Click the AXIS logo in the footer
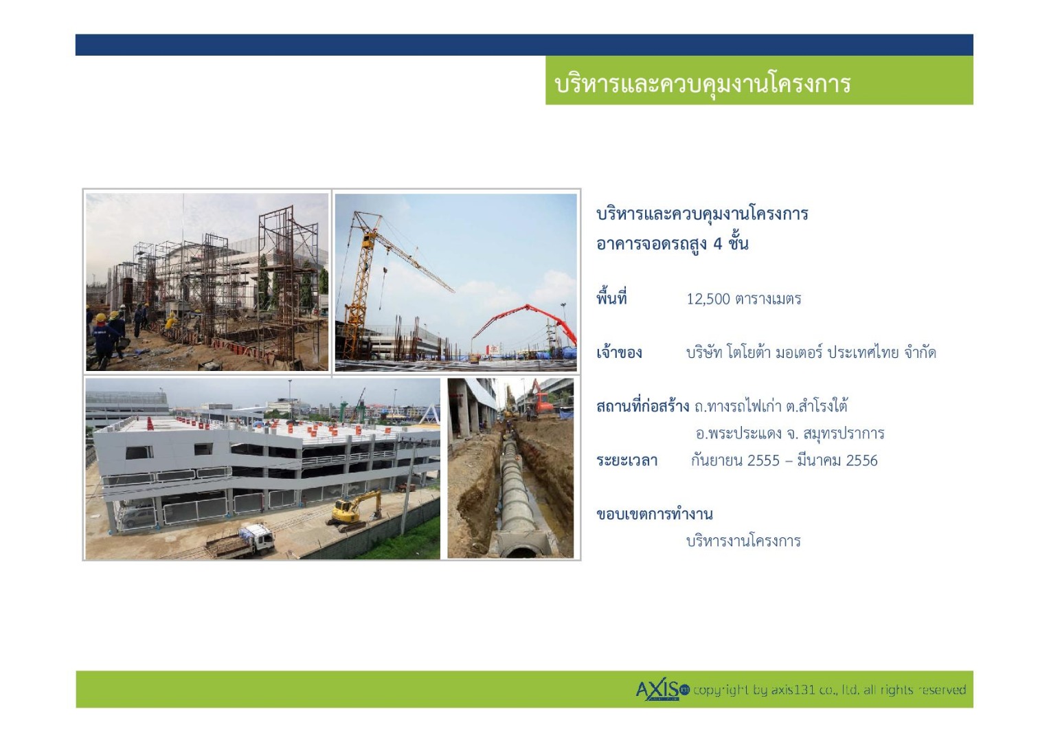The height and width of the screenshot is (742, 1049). pos(662,690)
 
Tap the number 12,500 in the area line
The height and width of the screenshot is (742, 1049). pos(708,299)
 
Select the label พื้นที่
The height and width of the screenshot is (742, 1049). pos(611,298)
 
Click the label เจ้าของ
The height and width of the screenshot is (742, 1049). pos(619,352)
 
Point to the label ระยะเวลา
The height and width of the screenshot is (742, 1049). pos(627,460)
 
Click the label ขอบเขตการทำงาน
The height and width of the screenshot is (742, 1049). pos(654,515)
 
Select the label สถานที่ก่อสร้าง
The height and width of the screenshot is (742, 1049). pos(642,405)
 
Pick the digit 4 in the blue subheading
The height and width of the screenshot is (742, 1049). pos(717,244)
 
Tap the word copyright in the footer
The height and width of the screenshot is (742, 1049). pos(721,690)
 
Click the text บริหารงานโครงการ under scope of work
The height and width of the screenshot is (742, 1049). pos(744,541)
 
